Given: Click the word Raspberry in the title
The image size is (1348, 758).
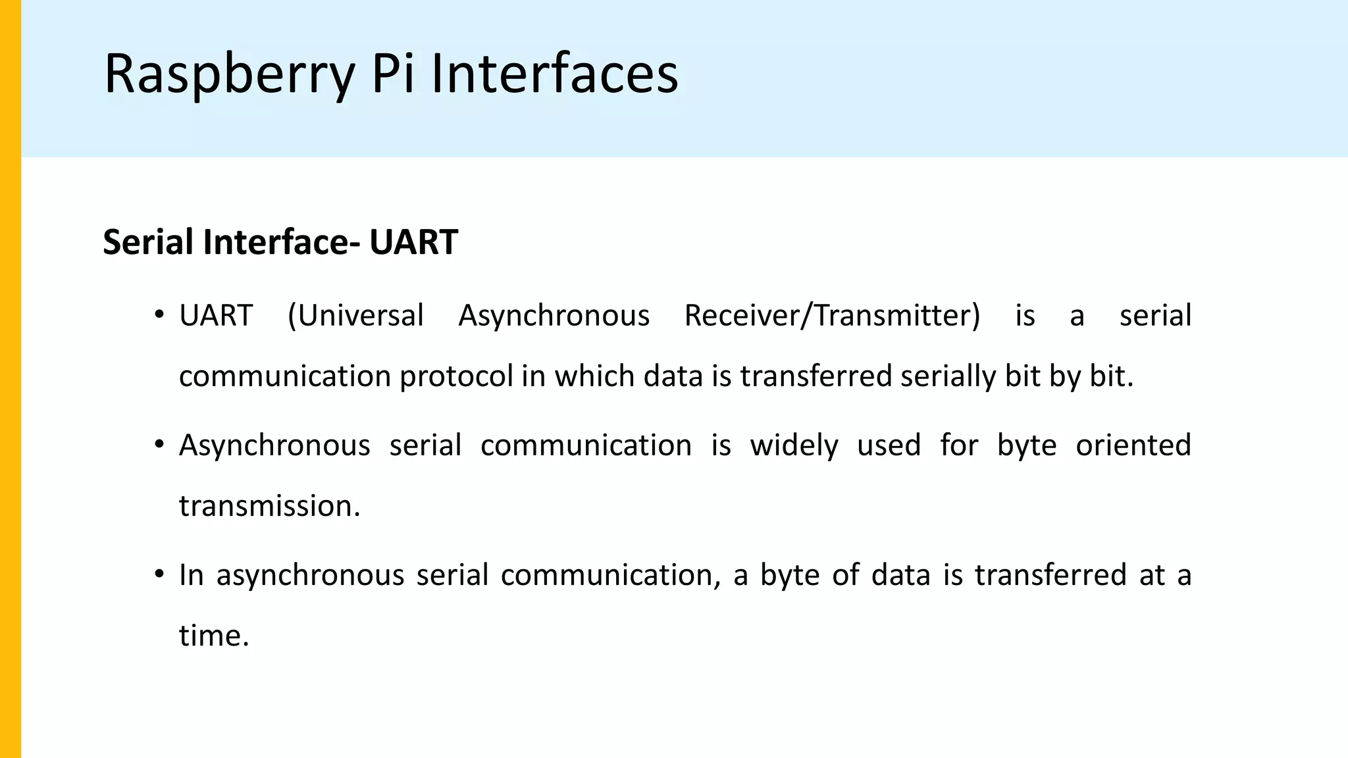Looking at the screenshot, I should [230, 74].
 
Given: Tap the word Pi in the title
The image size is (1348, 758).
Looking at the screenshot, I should [393, 74].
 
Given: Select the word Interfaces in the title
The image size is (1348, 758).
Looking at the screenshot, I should [554, 74].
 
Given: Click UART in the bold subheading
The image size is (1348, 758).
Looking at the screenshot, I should [413, 242].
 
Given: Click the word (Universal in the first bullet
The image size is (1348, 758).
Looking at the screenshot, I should [356, 316].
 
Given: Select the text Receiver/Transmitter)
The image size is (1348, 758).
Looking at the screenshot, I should [832, 316].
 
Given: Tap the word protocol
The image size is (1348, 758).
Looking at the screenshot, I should [456, 377].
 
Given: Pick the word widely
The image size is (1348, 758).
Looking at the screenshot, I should [794, 445].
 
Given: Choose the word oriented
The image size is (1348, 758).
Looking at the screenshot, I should [1133, 445].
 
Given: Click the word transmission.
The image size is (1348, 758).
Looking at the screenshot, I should [270, 507].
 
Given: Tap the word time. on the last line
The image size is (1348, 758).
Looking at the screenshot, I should [214, 636].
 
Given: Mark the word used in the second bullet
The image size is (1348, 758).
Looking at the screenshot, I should [889, 445].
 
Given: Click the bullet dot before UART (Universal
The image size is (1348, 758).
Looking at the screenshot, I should [159, 315].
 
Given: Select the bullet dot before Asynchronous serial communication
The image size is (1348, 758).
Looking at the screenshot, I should [159, 445].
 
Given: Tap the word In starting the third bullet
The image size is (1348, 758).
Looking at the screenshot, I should [192, 575].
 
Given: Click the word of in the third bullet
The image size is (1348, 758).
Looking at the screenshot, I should [845, 575].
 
